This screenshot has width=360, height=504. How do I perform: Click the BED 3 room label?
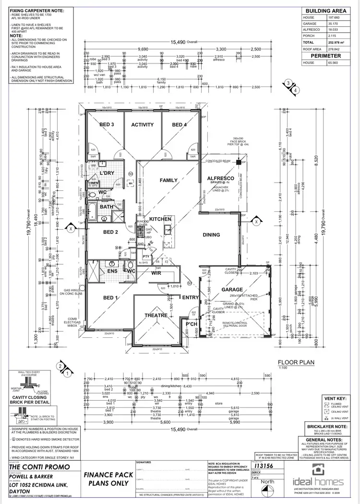pos(107,125)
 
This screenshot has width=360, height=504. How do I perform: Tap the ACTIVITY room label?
pos(143,125)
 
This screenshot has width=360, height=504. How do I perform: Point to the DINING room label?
pos(211,235)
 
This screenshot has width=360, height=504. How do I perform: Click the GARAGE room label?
pos(232,290)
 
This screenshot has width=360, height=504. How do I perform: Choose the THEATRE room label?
pos(156,315)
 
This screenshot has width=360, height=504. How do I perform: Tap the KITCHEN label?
pos(160,219)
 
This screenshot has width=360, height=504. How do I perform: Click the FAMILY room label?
pos(169,180)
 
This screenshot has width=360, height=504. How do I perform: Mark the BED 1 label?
pos(111,298)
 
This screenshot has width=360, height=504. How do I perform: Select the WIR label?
pos(156,273)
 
